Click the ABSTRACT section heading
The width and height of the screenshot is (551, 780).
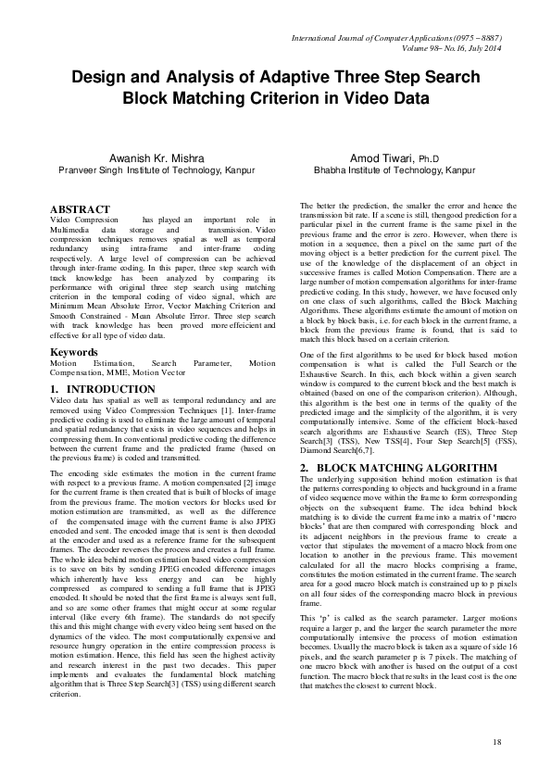click(79, 210)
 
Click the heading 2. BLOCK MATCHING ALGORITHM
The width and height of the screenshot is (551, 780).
click(386, 440)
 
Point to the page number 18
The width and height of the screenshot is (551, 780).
click(496, 742)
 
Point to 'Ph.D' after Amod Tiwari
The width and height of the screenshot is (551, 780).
click(432, 159)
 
